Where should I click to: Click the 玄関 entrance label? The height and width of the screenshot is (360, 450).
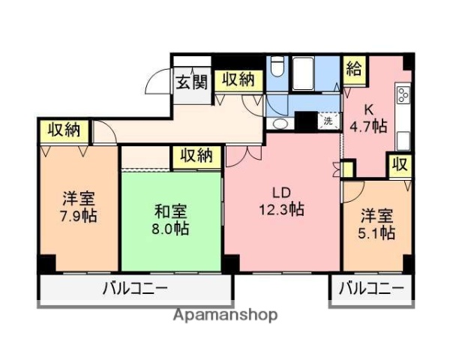(191, 82)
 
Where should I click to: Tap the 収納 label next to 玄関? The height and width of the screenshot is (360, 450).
(237, 80)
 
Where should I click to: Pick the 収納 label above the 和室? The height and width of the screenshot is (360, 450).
(196, 156)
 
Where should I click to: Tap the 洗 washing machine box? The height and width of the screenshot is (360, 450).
(328, 120)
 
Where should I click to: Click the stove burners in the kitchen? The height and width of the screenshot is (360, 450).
(403, 96)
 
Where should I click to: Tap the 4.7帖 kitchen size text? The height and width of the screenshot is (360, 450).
(367, 126)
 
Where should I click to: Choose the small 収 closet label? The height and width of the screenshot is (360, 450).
(399, 164)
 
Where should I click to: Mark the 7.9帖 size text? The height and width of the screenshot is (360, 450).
(78, 216)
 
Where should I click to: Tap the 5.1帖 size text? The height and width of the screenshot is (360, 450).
(376, 232)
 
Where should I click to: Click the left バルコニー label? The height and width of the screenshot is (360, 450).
(135, 288)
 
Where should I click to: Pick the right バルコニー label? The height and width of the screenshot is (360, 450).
(370, 288)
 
